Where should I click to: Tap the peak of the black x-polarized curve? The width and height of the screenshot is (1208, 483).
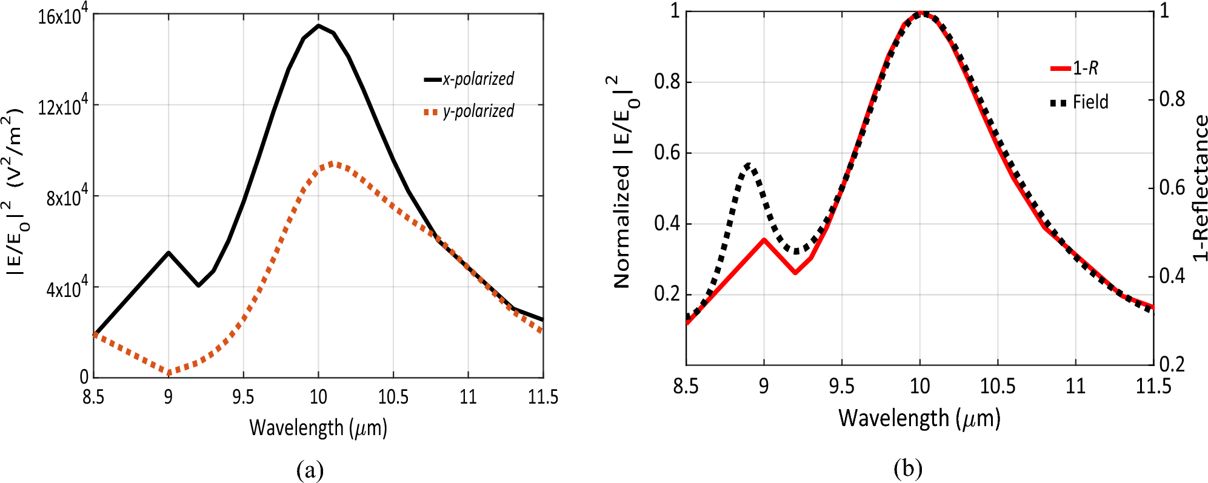pyautogui.click(x=319, y=25)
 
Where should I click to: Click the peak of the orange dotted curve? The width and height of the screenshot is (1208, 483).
pyautogui.click(x=333, y=163)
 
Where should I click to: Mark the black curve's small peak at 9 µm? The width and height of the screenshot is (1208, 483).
pyautogui.click(x=169, y=253)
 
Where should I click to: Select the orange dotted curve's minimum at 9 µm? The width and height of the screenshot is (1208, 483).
pyautogui.click(x=169, y=373)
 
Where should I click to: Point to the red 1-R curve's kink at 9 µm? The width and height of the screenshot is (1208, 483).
pyautogui.click(x=764, y=240)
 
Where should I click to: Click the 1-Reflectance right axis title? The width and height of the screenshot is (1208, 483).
pyautogui.click(x=1200, y=188)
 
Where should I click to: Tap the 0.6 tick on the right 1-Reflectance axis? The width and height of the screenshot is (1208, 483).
pyautogui.click(x=1172, y=187)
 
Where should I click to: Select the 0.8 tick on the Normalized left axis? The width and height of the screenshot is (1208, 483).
pyautogui.click(x=666, y=82)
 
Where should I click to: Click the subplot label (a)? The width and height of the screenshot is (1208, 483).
pyautogui.click(x=310, y=469)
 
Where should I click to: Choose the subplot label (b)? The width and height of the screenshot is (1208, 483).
pyautogui.click(x=907, y=468)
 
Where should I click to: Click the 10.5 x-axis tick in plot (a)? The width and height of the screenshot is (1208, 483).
pyautogui.click(x=393, y=397)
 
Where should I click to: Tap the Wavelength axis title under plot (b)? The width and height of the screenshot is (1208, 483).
pyautogui.click(x=919, y=418)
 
